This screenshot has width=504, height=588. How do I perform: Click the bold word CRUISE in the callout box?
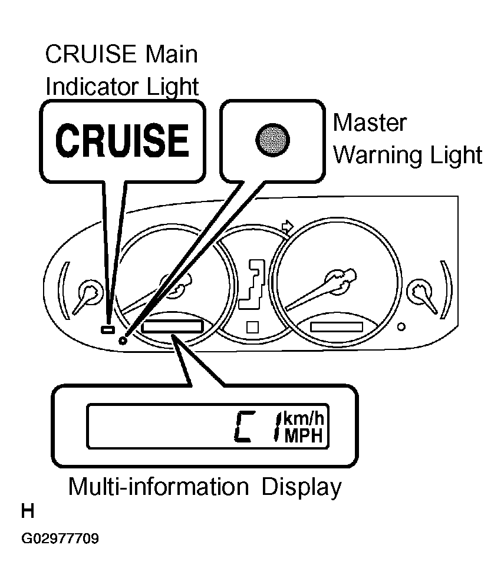point(122,141)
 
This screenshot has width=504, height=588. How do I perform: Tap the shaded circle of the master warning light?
point(272,140)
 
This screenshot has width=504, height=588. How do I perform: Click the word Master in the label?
point(370,123)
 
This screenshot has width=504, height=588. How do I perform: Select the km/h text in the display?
point(304,418)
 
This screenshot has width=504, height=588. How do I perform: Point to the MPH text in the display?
point(304,436)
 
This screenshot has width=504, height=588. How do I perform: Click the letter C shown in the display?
point(245,427)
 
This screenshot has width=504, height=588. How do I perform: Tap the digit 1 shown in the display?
point(278,427)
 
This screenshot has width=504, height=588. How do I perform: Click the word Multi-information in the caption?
point(159,487)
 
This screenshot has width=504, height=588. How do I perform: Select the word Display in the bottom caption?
point(301,487)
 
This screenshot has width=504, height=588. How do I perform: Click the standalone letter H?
point(27,511)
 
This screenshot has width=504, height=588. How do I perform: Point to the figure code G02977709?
point(60,539)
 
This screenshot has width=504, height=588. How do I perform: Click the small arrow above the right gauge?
point(288,226)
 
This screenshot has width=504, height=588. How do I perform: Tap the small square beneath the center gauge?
point(252,328)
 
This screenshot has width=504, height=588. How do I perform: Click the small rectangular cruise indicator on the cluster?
point(108,329)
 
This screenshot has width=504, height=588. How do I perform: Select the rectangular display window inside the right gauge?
point(337,326)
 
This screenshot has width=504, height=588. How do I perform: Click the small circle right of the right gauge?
point(401,327)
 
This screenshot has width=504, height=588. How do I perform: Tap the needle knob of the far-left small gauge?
point(90,291)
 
